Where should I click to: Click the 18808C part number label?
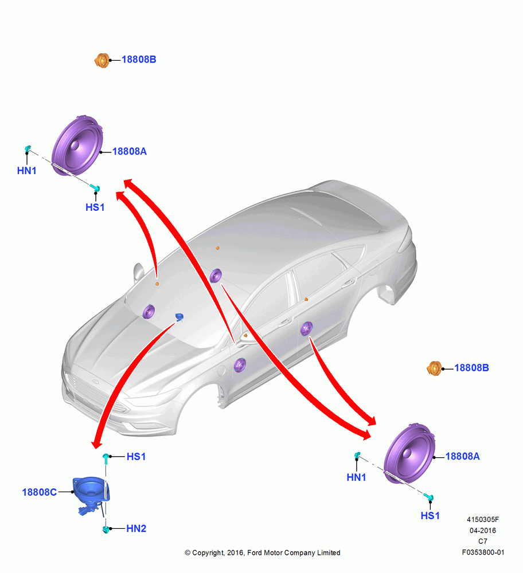click(39, 492)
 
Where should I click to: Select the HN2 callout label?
click(136, 528)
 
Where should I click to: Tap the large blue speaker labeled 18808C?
click(91, 492)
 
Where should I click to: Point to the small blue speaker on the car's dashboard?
click(179, 317)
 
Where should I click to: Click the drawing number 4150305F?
click(483, 519)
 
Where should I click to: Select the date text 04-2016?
click(483, 530)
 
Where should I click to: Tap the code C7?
click(483, 541)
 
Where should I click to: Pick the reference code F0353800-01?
click(483, 552)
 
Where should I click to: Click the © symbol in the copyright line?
click(188, 553)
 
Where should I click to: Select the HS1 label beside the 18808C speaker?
click(136, 457)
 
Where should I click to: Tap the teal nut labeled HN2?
click(106, 529)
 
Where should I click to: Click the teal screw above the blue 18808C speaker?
click(106, 458)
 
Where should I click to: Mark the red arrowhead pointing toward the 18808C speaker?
click(96, 443)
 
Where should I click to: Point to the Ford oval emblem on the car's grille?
click(96, 382)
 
